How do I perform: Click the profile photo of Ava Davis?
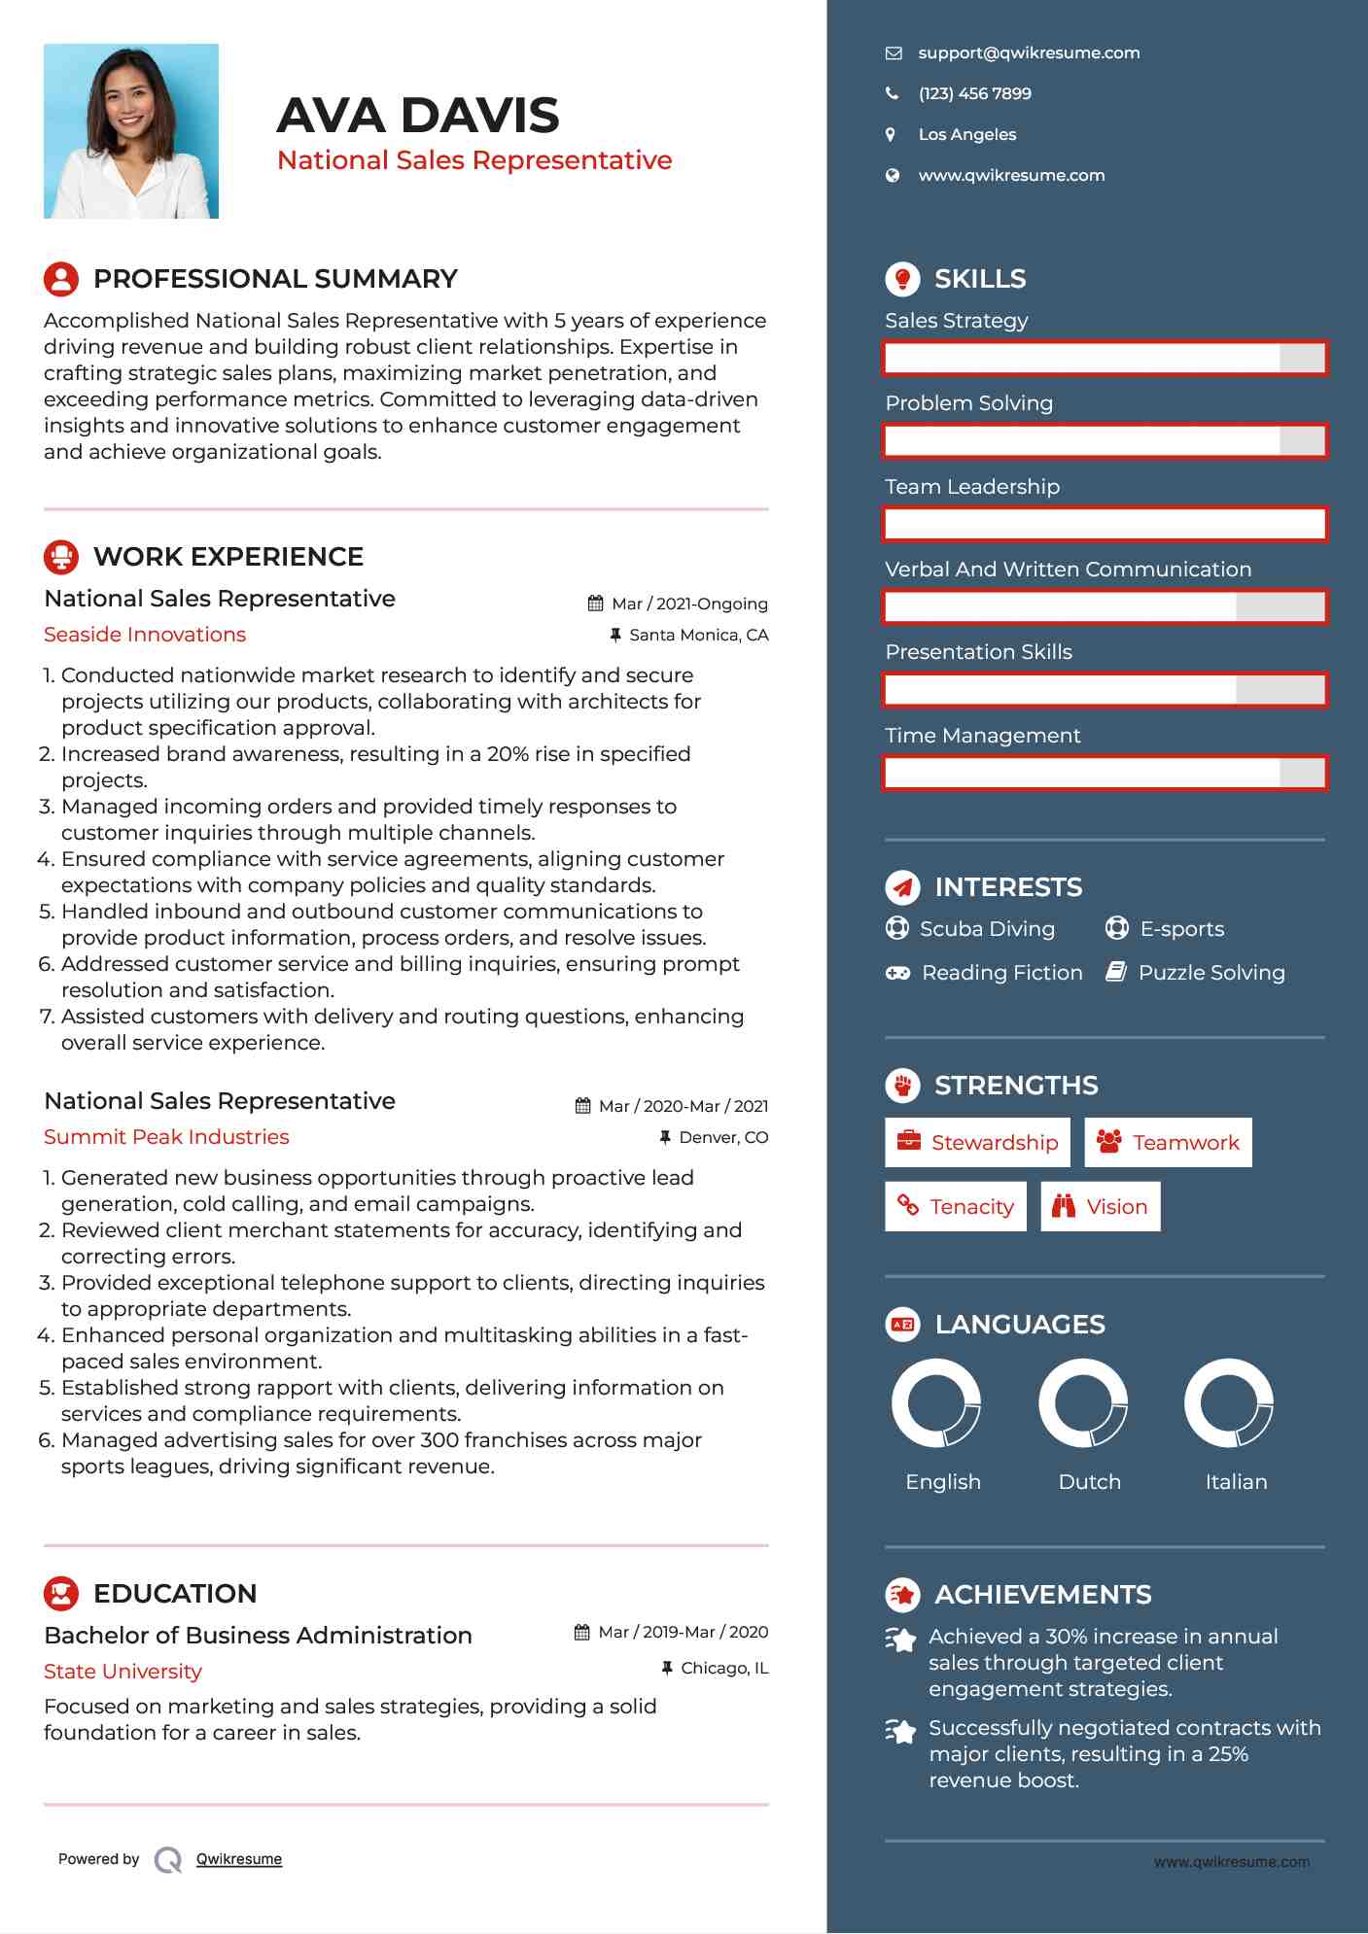[x=131, y=131]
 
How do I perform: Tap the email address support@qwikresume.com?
[x=1029, y=53]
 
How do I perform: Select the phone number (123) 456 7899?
[x=974, y=94]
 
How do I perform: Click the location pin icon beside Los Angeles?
[x=891, y=135]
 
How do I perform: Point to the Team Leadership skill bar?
[x=1105, y=524]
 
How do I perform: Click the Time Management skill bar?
[x=1105, y=774]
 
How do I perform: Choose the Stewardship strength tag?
[x=977, y=1143]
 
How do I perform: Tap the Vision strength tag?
[x=1101, y=1207]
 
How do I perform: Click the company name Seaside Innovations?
[x=145, y=635]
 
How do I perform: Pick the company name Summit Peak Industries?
[x=166, y=1137]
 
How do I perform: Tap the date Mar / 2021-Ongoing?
[x=688, y=604]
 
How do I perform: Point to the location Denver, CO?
[x=722, y=1138]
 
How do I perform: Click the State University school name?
[x=123, y=1672]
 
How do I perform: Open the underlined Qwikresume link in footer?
[x=239, y=1859]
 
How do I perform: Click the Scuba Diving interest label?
[x=987, y=929]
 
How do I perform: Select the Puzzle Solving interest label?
[x=1211, y=973]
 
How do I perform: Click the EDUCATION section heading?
[x=175, y=1594]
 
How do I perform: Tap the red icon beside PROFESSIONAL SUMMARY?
[x=61, y=279]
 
